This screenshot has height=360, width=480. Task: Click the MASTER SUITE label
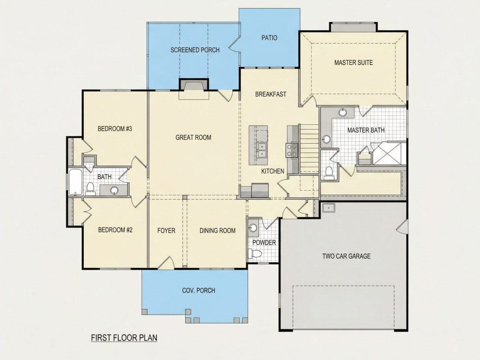(x=353, y=63)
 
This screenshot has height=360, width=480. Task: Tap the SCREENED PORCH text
(x=195, y=50)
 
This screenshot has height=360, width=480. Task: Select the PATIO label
(x=269, y=38)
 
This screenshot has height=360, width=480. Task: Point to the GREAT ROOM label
(x=193, y=137)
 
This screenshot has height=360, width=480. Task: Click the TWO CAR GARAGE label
(x=346, y=256)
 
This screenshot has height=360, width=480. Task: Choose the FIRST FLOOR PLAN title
(x=124, y=338)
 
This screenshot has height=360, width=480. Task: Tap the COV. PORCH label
(x=199, y=290)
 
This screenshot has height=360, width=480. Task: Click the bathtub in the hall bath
(x=75, y=182)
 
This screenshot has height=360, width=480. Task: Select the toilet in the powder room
(x=255, y=254)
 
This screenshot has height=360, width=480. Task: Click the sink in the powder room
(x=253, y=228)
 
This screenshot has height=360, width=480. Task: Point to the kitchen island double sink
(x=262, y=150)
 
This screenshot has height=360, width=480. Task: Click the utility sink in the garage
(x=329, y=208)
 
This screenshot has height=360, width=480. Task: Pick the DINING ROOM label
(x=217, y=230)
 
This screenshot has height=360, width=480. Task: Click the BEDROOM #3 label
(x=115, y=129)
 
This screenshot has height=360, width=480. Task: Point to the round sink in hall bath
(x=114, y=190)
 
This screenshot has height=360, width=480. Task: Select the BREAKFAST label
(x=271, y=94)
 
